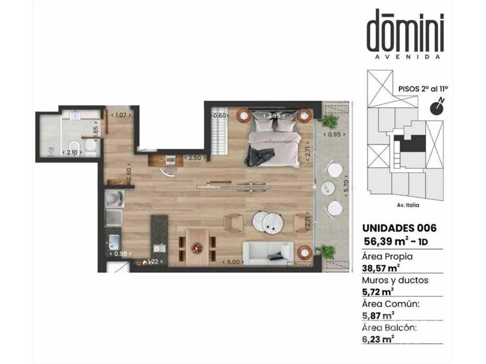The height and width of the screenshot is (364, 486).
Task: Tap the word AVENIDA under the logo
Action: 407,57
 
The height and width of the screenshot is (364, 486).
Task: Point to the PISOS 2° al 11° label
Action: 423,89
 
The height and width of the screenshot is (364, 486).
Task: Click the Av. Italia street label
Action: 408,205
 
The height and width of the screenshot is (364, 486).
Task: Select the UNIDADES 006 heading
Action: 399,228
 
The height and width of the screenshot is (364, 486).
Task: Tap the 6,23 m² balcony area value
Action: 378,339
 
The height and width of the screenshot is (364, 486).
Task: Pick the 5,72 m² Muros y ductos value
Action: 378,291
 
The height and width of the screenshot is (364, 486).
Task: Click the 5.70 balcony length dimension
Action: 346,186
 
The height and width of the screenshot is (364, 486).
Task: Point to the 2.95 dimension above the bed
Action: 274,116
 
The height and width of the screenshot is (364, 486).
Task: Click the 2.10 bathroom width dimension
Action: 72,152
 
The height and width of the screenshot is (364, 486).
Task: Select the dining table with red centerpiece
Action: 197,247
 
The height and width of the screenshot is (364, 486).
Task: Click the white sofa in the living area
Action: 268,253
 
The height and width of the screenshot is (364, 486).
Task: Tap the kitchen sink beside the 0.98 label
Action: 114,242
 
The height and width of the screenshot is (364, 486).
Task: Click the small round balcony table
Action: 328,187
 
